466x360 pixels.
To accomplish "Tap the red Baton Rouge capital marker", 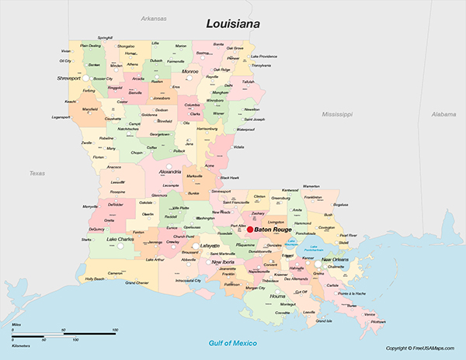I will coord(250,230).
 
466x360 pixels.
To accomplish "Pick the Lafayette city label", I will coord(210,245).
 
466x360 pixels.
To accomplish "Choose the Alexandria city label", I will coord(170,171).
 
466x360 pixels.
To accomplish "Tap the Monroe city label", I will coord(190,71).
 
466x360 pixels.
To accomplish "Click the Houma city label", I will coord(278,296).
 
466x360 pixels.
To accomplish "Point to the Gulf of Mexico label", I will coord(233,342).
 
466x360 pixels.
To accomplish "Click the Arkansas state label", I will coord(154,18).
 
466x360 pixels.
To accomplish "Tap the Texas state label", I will coord(37,173).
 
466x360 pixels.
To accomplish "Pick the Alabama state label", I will coord(444,114).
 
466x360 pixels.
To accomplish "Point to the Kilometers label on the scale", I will coord(23,339).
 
